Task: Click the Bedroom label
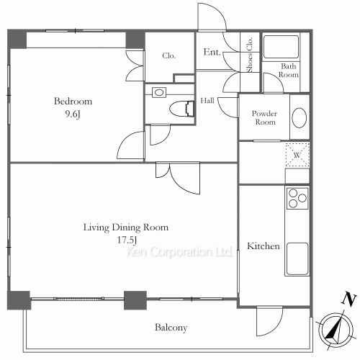coord(73,101)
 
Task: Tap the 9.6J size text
coord(73,114)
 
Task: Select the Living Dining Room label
coord(126,228)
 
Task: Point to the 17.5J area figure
coord(127,240)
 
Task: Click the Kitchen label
coord(264,246)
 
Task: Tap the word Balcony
coord(171,328)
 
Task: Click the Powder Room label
coord(264,117)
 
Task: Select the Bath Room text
coord(289,71)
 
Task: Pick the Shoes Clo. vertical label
coord(250,55)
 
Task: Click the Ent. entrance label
coord(212,52)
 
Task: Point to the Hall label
coord(207,100)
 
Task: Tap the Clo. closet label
coord(168,55)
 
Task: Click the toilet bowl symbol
coord(181,109)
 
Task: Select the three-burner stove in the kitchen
coord(297,198)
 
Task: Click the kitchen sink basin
coord(297,258)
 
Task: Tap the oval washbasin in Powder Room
coord(299,117)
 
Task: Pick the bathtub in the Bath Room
coord(281,47)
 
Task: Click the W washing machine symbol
coord(297,155)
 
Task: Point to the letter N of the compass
coord(348,300)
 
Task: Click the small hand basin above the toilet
coord(159,92)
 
